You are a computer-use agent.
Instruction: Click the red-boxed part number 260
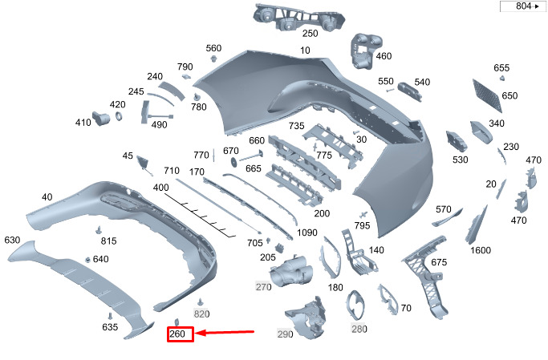point(177,334)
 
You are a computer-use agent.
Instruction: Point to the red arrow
point(225,332)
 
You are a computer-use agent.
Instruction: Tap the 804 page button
point(523,6)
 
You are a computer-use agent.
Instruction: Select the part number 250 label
point(310,34)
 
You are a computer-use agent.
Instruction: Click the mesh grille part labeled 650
point(488,95)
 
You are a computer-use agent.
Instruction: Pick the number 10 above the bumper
point(305,51)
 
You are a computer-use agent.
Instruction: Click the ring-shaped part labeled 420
point(119,116)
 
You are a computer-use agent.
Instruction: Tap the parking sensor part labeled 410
point(101,119)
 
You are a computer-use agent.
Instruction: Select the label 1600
point(480,250)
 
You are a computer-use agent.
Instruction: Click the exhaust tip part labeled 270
point(290,271)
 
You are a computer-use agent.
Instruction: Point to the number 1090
point(306,233)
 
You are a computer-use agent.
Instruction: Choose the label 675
point(439,262)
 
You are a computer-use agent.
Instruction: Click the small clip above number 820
point(201,301)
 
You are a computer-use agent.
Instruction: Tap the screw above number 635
point(110,316)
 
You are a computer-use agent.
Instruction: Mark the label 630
point(12,240)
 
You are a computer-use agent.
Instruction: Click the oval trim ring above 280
point(356,305)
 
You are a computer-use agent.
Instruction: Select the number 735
point(296,126)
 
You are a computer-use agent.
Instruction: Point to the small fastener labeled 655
point(502,78)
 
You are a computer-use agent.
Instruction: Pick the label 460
point(384,56)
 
